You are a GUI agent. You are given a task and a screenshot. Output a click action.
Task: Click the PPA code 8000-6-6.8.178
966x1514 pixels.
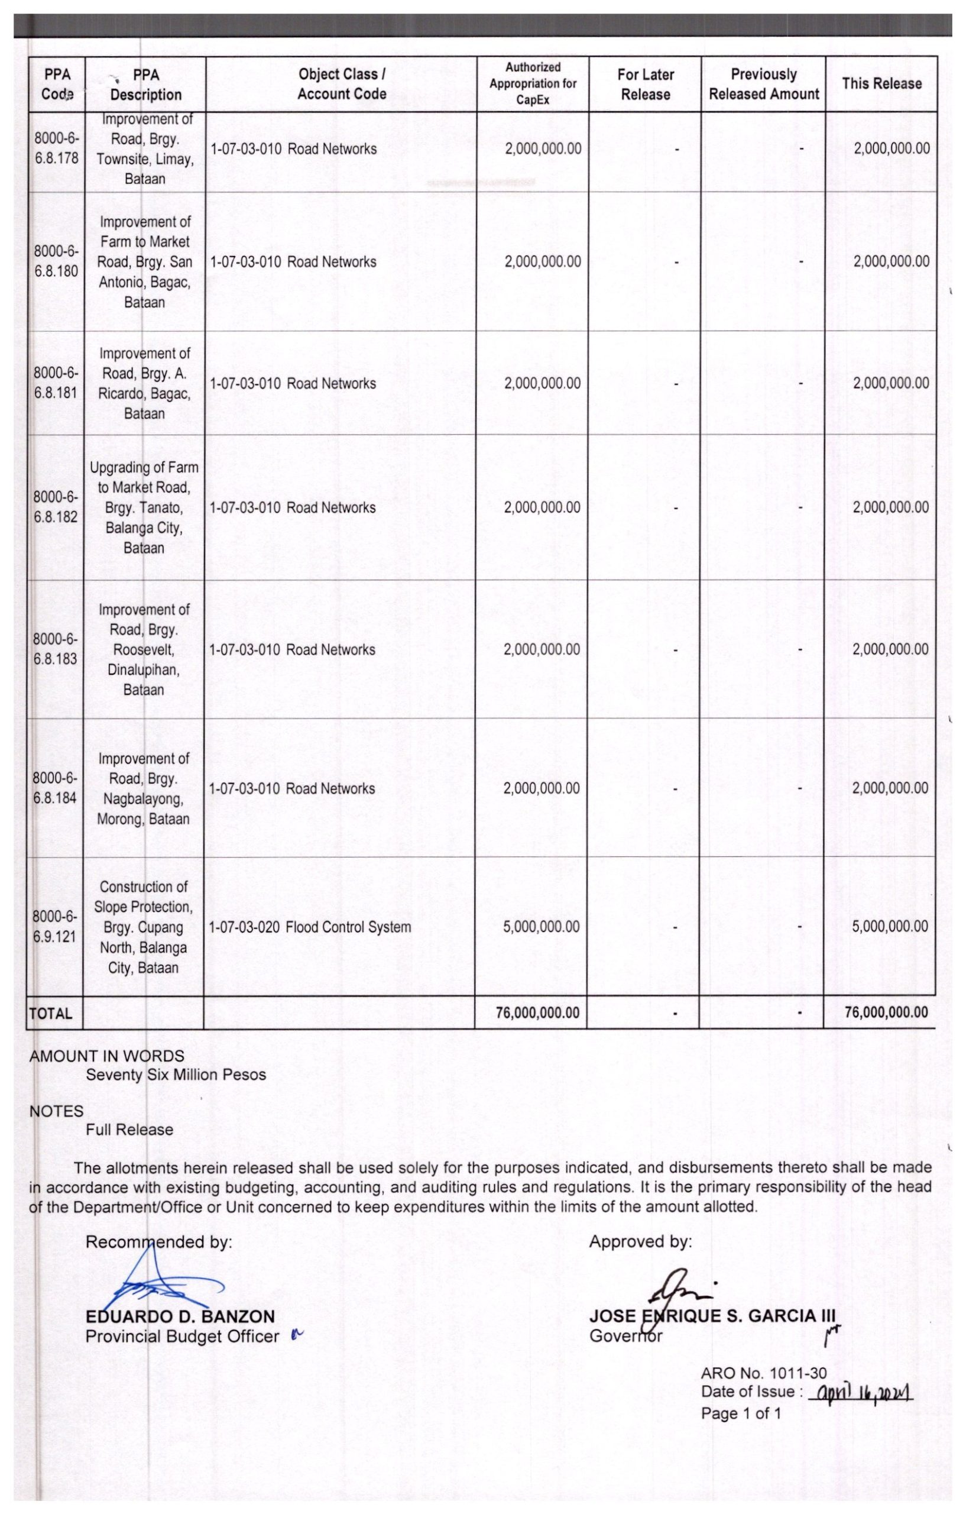tap(56, 148)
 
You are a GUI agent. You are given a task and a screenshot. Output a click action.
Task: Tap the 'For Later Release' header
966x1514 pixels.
tap(645, 84)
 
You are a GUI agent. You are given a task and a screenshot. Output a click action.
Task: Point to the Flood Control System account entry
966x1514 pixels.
tap(310, 927)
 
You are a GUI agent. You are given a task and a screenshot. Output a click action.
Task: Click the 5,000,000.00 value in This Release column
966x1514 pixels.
tap(889, 926)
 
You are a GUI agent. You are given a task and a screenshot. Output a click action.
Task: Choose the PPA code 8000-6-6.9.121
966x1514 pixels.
tap(54, 926)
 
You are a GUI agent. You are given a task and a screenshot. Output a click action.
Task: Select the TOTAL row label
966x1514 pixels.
tap(51, 1013)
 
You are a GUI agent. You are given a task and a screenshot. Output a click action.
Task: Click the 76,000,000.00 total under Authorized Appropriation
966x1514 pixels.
tap(537, 1012)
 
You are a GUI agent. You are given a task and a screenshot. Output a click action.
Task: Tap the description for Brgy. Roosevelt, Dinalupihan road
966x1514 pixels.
tap(144, 649)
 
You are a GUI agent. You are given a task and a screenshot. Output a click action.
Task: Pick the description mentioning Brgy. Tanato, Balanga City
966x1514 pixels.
tap(144, 507)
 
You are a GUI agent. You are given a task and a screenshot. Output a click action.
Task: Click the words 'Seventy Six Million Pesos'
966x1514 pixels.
tap(176, 1075)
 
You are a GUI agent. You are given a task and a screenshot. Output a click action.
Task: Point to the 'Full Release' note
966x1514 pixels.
tap(129, 1129)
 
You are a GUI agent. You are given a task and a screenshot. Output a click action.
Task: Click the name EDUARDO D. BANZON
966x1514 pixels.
tap(180, 1316)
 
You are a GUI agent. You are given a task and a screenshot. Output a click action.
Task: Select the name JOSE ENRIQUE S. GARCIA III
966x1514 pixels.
tap(713, 1316)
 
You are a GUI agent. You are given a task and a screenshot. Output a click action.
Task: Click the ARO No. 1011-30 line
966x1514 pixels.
tap(764, 1373)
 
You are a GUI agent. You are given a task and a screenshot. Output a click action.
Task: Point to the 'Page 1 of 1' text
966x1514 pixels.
tap(741, 1413)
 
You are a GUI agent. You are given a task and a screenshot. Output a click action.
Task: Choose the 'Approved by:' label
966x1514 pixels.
tap(640, 1241)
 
